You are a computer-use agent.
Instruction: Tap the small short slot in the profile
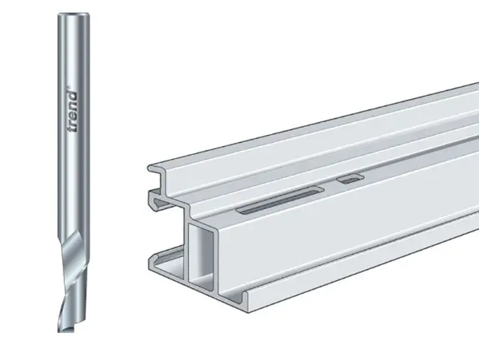point(350,179)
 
